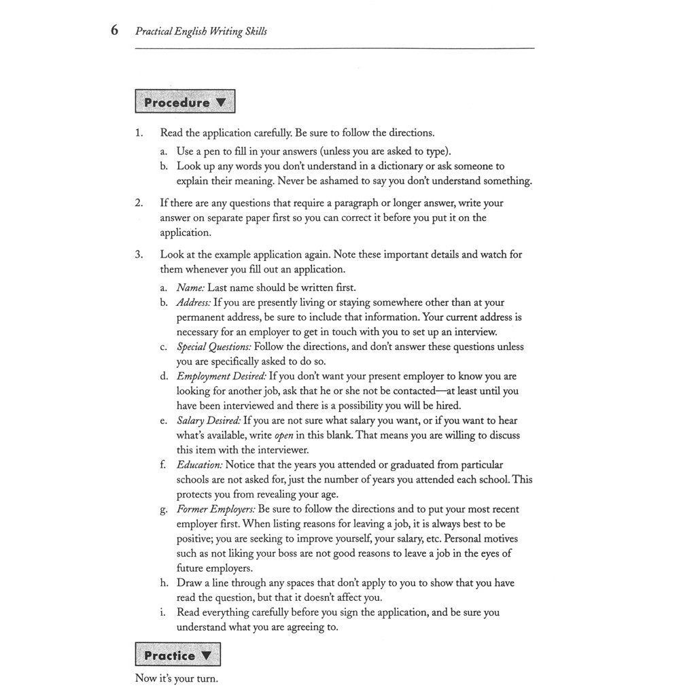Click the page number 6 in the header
click(114, 31)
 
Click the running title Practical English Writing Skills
click(201, 31)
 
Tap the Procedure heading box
click(185, 103)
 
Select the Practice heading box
click(177, 655)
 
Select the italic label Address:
click(194, 302)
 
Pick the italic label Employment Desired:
click(221, 376)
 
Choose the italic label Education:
click(199, 465)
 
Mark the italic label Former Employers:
click(215, 509)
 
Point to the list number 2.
click(139, 203)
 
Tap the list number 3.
click(139, 254)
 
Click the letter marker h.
click(164, 582)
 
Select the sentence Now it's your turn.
click(177, 678)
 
